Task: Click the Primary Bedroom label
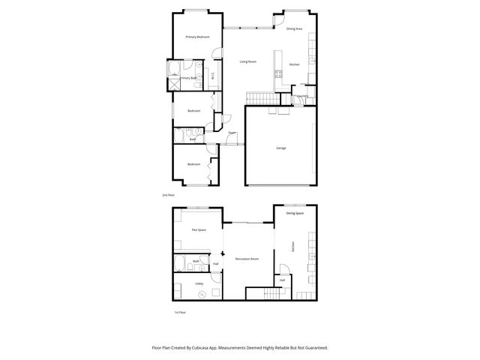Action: (197, 37)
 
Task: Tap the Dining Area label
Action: (295, 28)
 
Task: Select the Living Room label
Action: (247, 61)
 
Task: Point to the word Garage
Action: (280, 148)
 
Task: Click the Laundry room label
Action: (303, 96)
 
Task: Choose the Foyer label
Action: (232, 133)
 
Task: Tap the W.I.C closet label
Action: (213, 75)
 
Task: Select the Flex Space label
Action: (199, 229)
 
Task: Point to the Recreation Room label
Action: (247, 259)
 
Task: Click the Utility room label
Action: (199, 283)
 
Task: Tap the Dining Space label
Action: (295, 213)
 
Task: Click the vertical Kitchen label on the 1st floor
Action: (293, 246)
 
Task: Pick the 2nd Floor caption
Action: (169, 194)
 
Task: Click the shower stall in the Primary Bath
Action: (175, 84)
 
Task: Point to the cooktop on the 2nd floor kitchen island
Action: (278, 74)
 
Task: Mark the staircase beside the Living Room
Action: (262, 100)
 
